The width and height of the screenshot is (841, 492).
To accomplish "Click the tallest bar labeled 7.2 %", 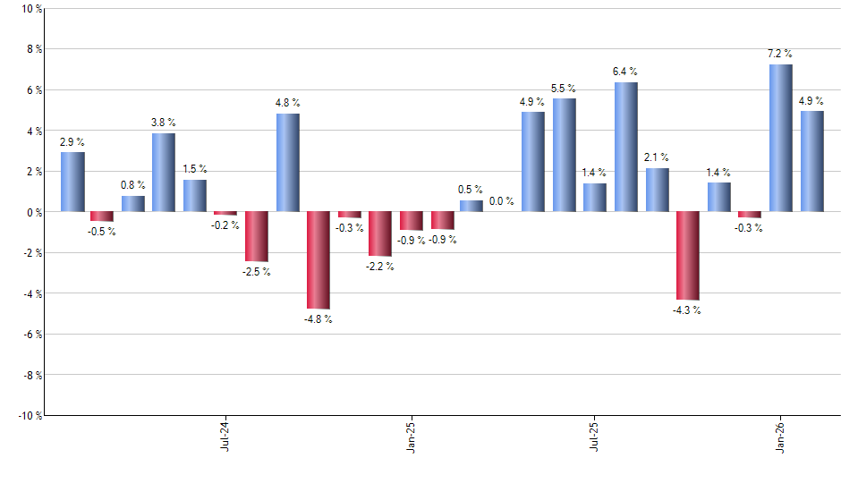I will pos(780,139).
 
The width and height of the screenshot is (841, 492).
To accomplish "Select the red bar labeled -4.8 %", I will pos(319,260).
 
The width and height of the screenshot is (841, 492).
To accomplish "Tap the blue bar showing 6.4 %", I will pos(626,148).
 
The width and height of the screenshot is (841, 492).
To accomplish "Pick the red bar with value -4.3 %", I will pos(687,256).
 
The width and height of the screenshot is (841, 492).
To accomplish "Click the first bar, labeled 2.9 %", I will pos(72,182).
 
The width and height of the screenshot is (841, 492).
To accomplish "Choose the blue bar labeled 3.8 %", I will pos(164,173).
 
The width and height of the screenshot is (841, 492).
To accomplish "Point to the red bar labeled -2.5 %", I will pos(257,237).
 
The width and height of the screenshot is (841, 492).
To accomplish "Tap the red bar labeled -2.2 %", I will pos(380,234).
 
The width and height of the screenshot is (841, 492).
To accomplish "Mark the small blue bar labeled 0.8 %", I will pos(133,204).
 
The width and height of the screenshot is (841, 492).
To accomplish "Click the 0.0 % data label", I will pos(501,201).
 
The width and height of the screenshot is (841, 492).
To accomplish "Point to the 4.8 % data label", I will pos(287,103).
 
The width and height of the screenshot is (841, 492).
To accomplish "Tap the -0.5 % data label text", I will pos(102,232).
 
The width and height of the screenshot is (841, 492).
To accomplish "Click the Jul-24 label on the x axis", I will pos(224,435).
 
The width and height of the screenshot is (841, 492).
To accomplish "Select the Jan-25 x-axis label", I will pos(411,435).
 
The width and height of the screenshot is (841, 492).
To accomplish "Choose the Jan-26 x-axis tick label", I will pos(780,435).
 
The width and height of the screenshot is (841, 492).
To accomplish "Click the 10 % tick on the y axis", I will pos(30,9).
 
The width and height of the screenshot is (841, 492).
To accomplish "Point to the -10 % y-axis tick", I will pos(29,415).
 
